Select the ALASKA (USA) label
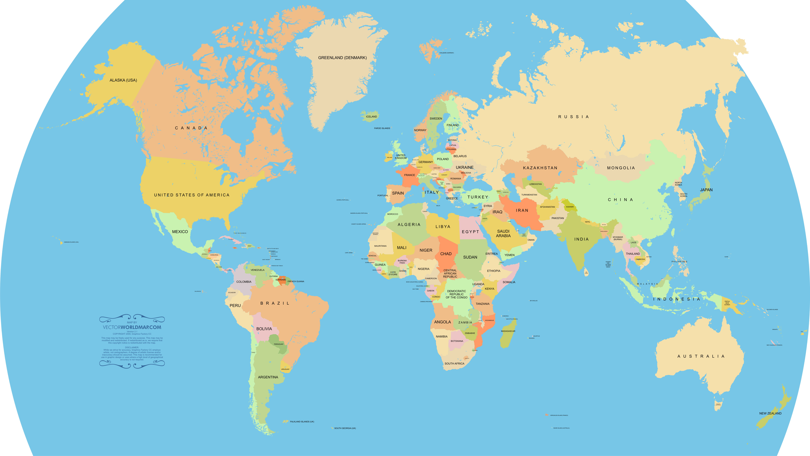click(123, 80)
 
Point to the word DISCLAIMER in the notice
click(132, 347)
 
